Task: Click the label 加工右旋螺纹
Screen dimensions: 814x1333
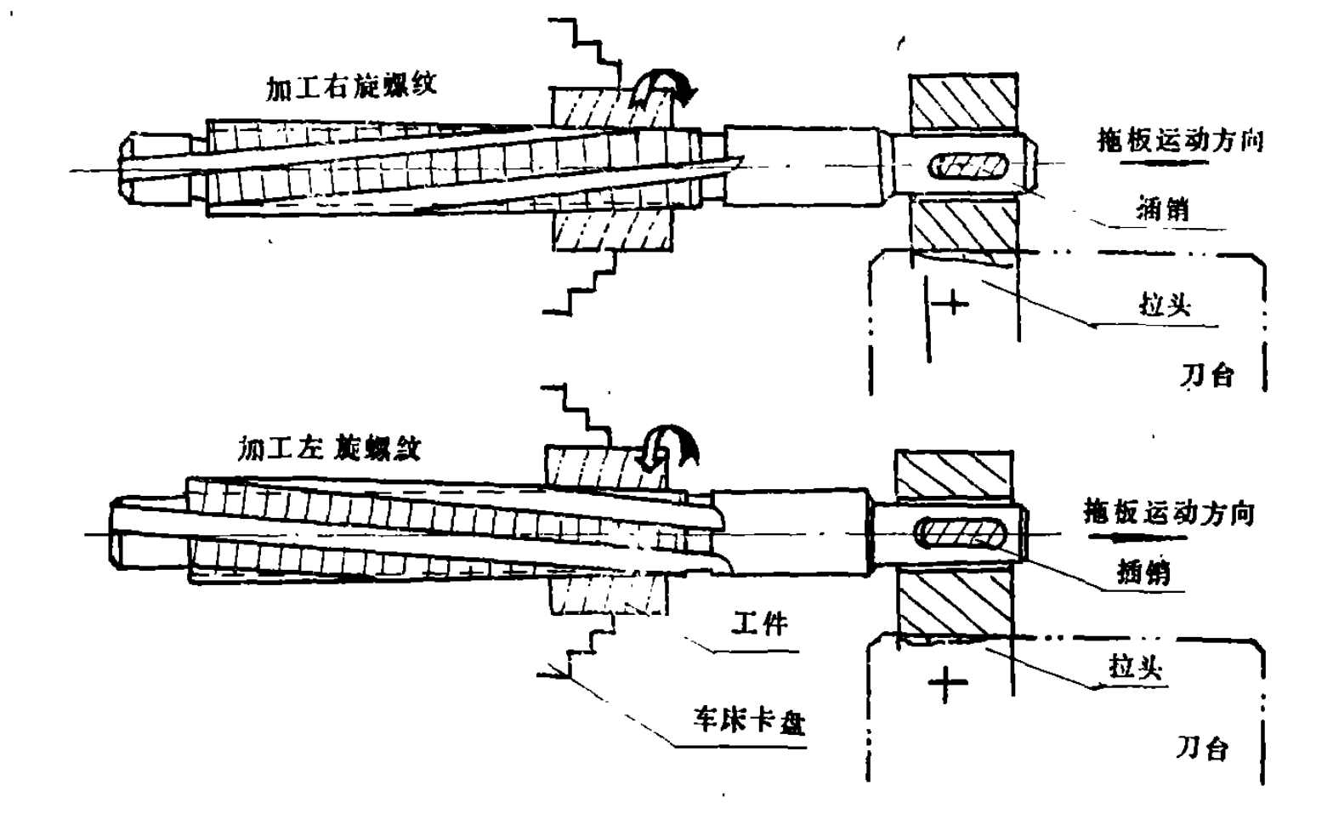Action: click(351, 86)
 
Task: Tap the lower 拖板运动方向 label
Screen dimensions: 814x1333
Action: click(1168, 513)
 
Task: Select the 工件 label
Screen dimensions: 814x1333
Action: click(759, 624)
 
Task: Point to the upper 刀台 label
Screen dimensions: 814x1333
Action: click(1206, 374)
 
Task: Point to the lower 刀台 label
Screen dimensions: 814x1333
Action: click(1202, 749)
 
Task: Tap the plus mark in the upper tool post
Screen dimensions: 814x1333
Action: click(954, 301)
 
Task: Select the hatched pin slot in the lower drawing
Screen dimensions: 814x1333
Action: click(959, 534)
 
